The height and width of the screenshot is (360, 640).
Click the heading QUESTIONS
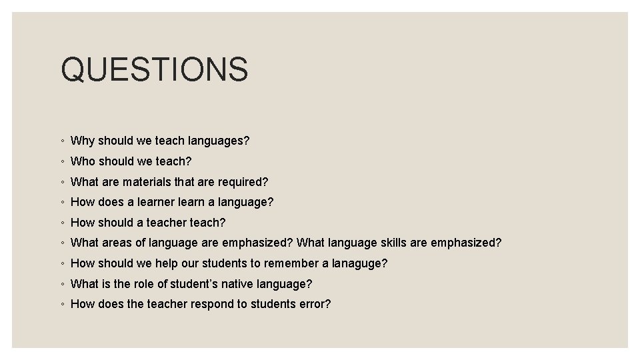pos(154,69)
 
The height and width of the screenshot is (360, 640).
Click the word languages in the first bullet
pos(218,141)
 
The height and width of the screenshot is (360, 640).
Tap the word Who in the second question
pos(83,161)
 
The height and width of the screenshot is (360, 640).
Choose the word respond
pos(215,305)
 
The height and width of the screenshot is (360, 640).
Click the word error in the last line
pos(315,305)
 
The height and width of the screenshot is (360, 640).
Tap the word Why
pos(83,141)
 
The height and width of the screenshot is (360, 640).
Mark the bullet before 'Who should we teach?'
pos(61,162)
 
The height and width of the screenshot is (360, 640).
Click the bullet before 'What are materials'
pos(61,182)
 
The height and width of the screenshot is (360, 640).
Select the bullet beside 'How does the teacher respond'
pos(61,305)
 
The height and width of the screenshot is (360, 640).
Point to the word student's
pos(196,284)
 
